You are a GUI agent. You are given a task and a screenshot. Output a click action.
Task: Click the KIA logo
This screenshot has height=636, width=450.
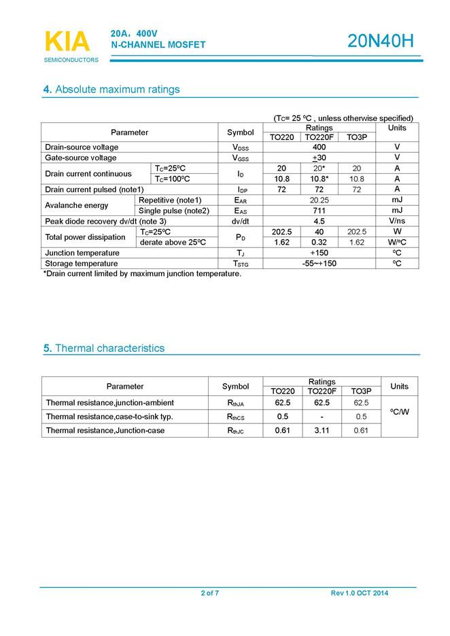67,42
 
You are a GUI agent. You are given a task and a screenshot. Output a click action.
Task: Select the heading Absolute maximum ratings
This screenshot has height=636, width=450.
111,90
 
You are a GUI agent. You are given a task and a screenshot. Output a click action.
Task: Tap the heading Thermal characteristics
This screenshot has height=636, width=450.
103,348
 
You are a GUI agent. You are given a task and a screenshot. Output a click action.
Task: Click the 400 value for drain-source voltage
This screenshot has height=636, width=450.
319,147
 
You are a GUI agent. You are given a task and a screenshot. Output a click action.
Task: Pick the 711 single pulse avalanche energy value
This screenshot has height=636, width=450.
319,211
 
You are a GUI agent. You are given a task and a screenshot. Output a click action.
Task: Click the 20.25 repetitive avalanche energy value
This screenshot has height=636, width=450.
319,200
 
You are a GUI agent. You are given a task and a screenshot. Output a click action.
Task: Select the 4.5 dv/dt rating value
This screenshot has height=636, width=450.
319,222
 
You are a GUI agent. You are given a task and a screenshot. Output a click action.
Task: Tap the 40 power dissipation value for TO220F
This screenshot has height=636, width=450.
319,232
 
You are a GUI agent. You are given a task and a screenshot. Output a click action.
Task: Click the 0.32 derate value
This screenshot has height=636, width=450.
319,242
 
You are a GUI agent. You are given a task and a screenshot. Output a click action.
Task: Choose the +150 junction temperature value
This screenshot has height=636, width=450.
319,253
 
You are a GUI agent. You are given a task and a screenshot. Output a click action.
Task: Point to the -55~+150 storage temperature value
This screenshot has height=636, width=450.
319,264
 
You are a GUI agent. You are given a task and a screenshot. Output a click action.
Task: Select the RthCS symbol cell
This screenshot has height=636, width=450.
235,417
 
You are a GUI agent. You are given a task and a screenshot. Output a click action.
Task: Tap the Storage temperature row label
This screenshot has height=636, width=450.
82,264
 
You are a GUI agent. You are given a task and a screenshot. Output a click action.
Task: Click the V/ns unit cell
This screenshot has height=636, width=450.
396,222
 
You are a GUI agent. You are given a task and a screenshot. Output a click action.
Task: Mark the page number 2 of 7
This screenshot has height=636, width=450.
209,593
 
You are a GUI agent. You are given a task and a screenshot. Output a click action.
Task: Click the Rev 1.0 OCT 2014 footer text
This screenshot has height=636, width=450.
360,593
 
